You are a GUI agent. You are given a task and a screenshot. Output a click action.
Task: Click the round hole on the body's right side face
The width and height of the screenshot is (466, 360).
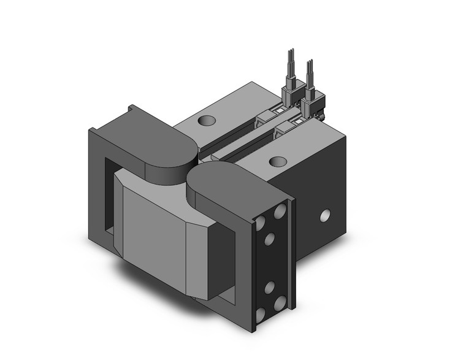(326, 215)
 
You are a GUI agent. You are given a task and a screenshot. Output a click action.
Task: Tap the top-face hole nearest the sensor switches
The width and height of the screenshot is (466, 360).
(278, 162)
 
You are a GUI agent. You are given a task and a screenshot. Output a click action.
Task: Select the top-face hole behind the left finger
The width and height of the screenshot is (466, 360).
(207, 120)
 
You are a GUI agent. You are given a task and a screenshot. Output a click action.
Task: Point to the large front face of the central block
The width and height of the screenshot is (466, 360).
(153, 227)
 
